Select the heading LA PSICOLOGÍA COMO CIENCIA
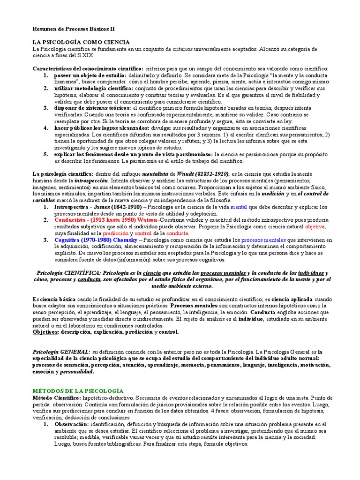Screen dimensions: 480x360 (x=81, y=42)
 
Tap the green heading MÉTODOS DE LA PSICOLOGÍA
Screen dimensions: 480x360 (x=77, y=390)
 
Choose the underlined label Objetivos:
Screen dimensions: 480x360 (x=45, y=332)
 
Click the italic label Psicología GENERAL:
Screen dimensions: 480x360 (x=61, y=352)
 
